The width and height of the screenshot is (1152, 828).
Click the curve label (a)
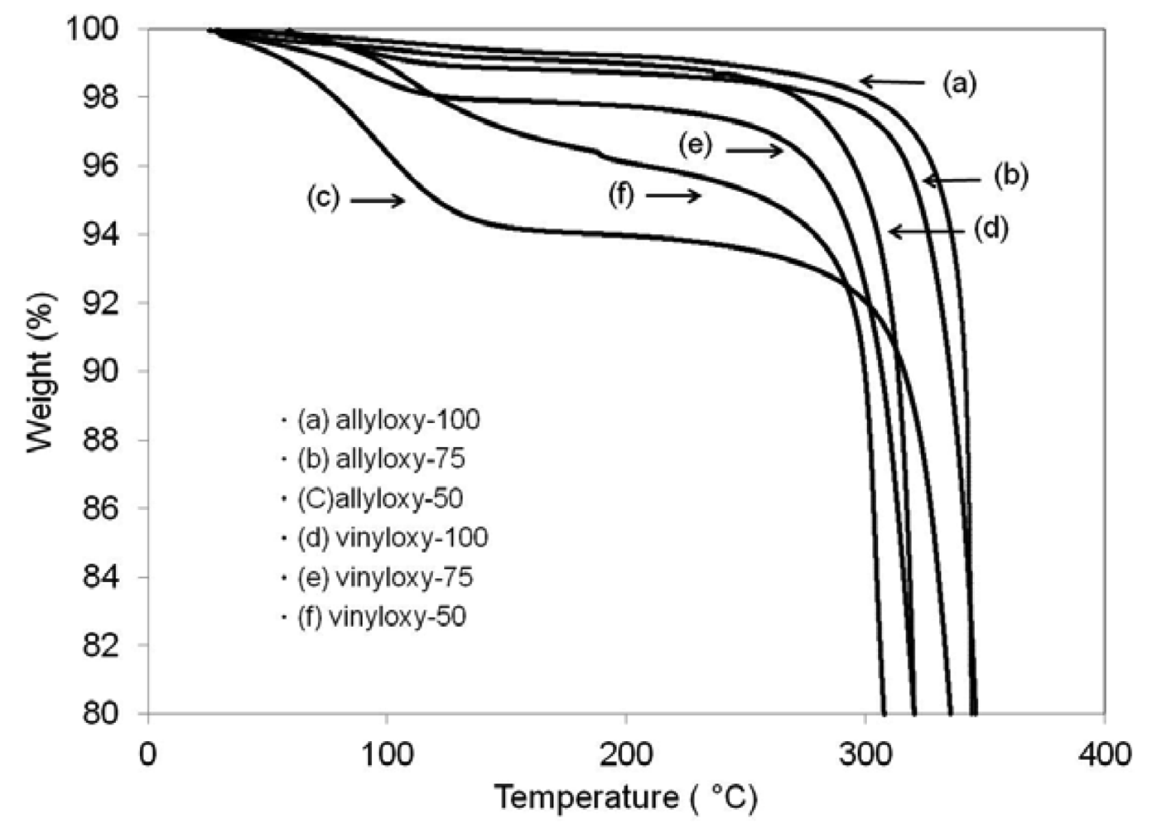pyautogui.click(x=960, y=83)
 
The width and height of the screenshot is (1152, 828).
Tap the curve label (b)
pyautogui.click(x=1010, y=176)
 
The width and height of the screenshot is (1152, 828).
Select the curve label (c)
pyautogui.click(x=323, y=199)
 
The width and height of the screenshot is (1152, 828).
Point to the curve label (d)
pyautogui.click(x=991, y=229)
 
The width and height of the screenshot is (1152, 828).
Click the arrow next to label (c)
pyautogui.click(x=377, y=200)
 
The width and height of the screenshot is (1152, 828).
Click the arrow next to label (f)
pyautogui.click(x=673, y=195)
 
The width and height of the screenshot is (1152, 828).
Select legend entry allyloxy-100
pyautogui.click(x=388, y=420)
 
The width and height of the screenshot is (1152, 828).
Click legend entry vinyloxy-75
pyautogui.click(x=384, y=577)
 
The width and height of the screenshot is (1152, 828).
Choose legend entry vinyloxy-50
pyautogui.click(x=381, y=617)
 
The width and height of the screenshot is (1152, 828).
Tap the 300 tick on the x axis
pyautogui.click(x=865, y=754)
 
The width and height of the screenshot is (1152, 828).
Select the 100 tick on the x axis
pyautogui.click(x=387, y=754)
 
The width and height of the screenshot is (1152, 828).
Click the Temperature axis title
pyautogui.click(x=625, y=798)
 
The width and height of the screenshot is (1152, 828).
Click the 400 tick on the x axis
pyautogui.click(x=1104, y=754)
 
